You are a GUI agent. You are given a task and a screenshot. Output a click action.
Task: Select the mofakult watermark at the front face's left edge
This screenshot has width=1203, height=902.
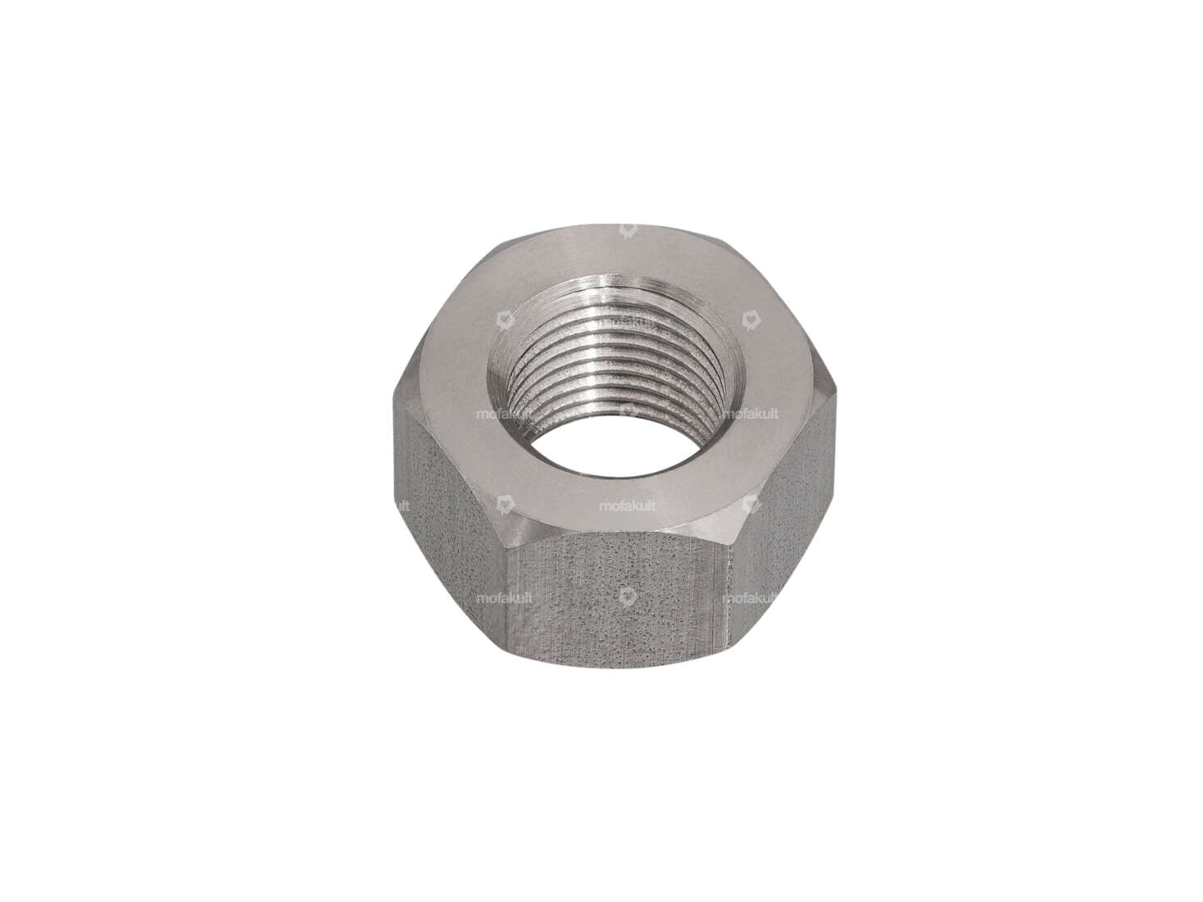[x=505, y=598]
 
